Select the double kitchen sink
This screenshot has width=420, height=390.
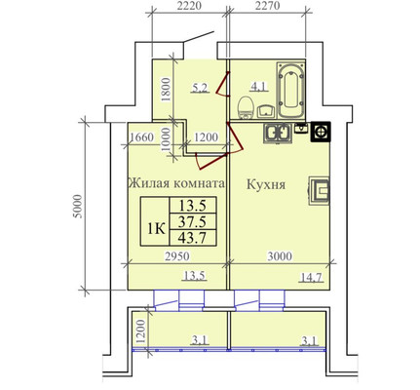[278, 133]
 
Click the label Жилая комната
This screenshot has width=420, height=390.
[177, 183]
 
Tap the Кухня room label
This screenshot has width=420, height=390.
[265, 183]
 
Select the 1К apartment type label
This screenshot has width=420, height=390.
[154, 229]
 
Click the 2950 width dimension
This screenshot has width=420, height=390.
[176, 256]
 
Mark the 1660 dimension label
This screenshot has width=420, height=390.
[143, 136]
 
